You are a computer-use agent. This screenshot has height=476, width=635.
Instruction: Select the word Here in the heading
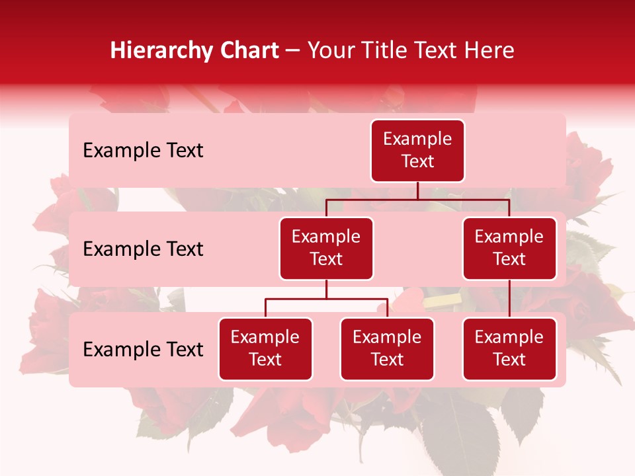pos(491,51)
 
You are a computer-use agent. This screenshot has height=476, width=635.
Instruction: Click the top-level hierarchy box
pos(417,151)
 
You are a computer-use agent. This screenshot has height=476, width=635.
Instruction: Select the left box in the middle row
pos(326,249)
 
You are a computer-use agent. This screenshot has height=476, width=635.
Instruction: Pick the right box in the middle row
pos(509,249)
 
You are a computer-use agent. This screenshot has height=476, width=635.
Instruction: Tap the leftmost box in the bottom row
pos(265,349)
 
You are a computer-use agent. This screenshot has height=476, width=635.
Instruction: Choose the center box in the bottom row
pos(387,349)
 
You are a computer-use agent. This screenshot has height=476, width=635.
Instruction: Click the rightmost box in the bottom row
pos(509,349)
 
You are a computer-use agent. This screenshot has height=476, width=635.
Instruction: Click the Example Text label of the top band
pos(143,151)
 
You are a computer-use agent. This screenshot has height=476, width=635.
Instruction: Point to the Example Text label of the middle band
pos(143,249)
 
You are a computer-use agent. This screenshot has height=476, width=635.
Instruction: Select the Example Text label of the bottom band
pos(143,350)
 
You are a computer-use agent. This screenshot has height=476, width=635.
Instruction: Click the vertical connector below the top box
pos(417,190)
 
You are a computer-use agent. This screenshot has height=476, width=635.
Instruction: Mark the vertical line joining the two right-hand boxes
pos(509,299)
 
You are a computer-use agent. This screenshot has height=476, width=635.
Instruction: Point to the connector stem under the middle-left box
pos(326,289)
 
